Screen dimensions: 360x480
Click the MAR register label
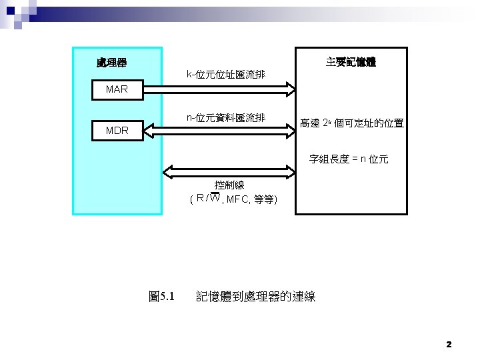(x=117, y=89)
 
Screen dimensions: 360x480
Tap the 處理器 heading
(x=111, y=63)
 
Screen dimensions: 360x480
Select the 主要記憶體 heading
(x=351, y=62)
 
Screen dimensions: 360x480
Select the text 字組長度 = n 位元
(x=349, y=159)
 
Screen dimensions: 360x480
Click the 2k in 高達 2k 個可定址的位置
(x=327, y=123)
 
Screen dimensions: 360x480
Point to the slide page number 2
(x=449, y=345)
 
